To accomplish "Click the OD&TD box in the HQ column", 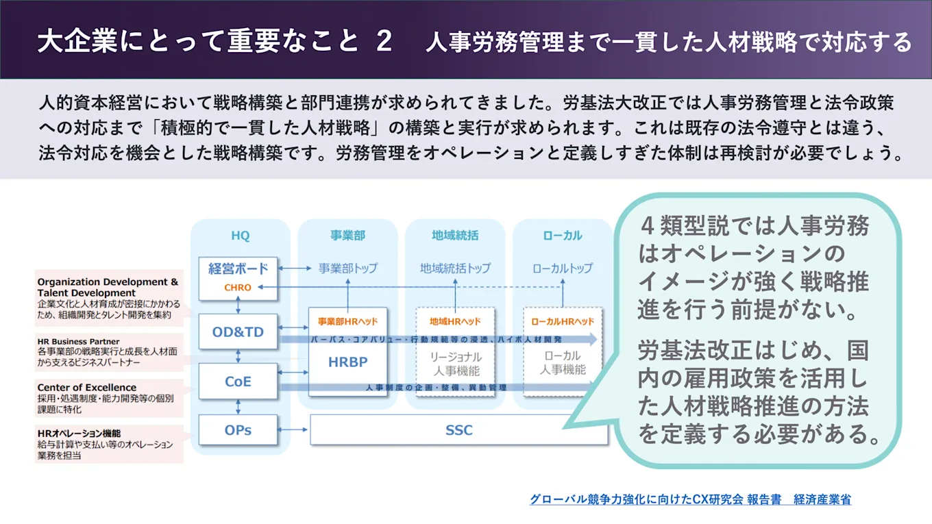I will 238,332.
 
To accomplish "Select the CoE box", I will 238,382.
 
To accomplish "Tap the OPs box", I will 238,430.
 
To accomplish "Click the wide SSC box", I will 458,430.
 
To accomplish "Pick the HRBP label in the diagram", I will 347,362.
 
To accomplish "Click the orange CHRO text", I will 238,288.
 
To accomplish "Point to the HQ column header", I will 240,236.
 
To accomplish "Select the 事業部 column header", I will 347,236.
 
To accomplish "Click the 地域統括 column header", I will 455,236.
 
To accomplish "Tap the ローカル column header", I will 563,236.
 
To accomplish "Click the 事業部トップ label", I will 347,268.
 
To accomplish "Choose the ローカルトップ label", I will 563,268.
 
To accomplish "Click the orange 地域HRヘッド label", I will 455,321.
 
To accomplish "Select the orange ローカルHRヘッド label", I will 563,321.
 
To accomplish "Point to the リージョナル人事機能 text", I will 455,364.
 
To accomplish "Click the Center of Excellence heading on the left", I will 86,388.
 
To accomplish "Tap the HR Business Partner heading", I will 78,341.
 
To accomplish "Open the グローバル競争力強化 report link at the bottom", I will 690,499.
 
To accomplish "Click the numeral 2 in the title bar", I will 384,41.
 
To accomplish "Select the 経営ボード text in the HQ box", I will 238,269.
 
